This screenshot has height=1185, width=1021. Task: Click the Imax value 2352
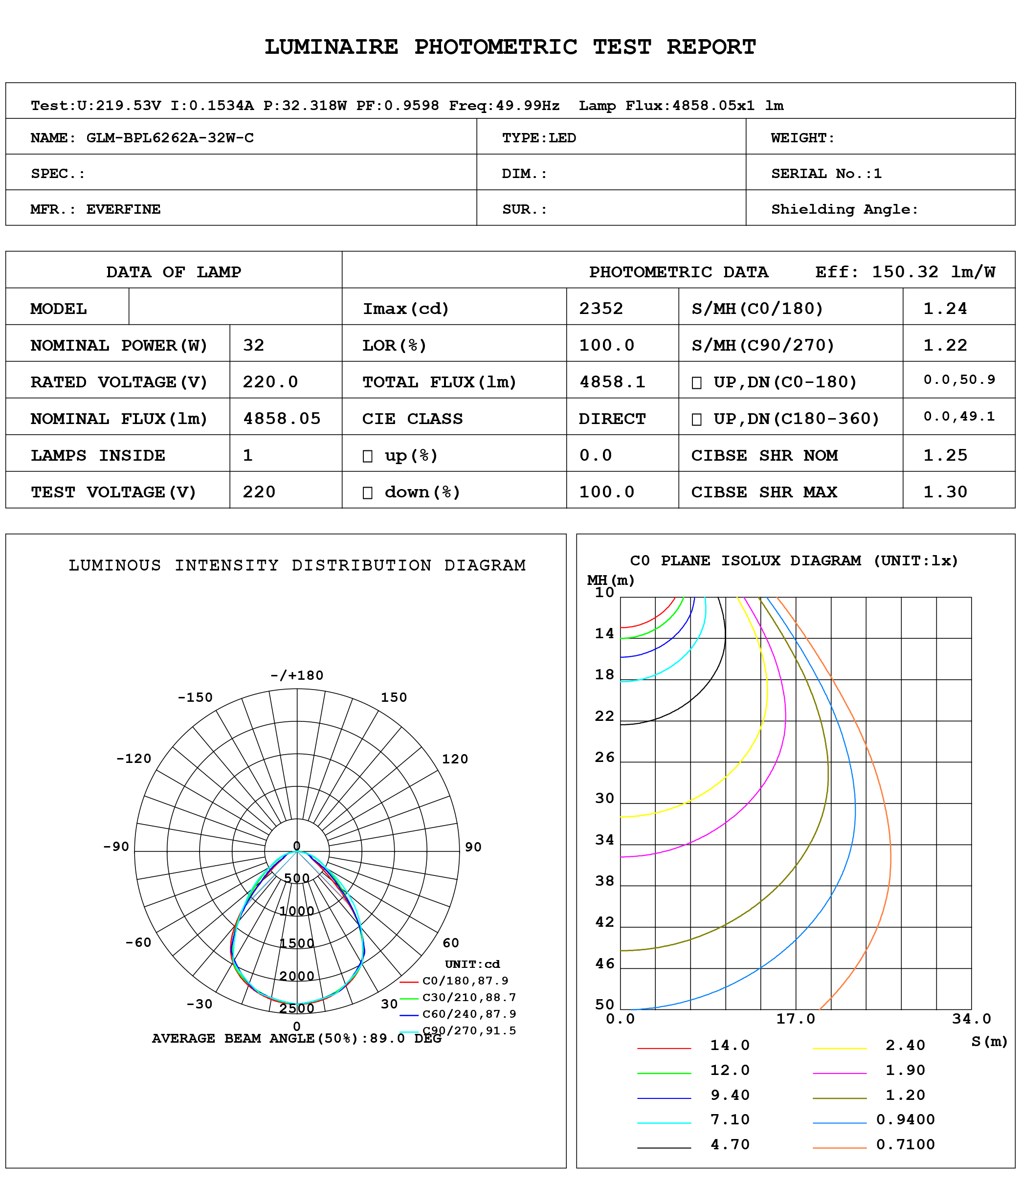click(x=601, y=309)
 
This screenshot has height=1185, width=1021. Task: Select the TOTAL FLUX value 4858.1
click(x=612, y=382)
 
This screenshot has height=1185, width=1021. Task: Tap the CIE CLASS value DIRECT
click(x=612, y=419)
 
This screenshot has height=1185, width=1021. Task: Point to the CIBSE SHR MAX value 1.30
click(x=945, y=492)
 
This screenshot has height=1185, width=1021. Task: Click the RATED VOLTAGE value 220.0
click(x=270, y=382)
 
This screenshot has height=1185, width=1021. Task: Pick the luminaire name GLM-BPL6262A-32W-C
click(x=170, y=138)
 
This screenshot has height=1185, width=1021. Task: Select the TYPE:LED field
click(x=538, y=138)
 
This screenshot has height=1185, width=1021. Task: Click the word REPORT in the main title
click(x=711, y=47)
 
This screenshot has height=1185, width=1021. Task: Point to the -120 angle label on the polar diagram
click(x=134, y=759)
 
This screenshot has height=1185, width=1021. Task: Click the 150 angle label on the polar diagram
click(x=394, y=697)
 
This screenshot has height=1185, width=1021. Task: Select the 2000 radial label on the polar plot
click(x=297, y=976)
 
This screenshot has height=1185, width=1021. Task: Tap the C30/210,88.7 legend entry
click(x=469, y=997)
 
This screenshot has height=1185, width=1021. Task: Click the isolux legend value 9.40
click(x=730, y=1095)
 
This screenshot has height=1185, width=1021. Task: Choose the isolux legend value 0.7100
click(x=905, y=1144)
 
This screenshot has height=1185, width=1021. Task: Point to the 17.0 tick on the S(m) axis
click(x=795, y=1019)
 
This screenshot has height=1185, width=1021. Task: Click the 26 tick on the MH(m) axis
click(x=604, y=757)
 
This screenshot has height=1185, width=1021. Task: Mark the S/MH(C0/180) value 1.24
click(x=945, y=309)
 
